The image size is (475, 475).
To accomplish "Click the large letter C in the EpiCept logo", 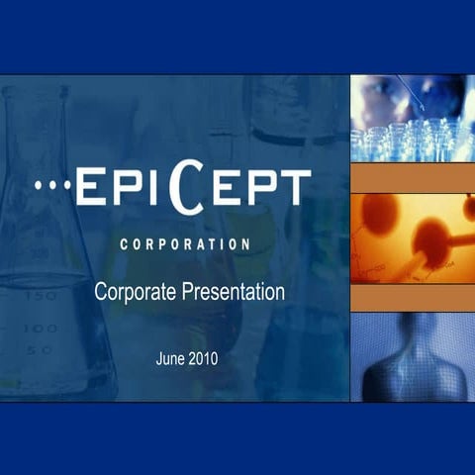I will tap(184, 189).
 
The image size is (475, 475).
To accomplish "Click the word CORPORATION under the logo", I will tap(183, 242).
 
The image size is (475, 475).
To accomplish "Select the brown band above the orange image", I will tap(412, 178).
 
